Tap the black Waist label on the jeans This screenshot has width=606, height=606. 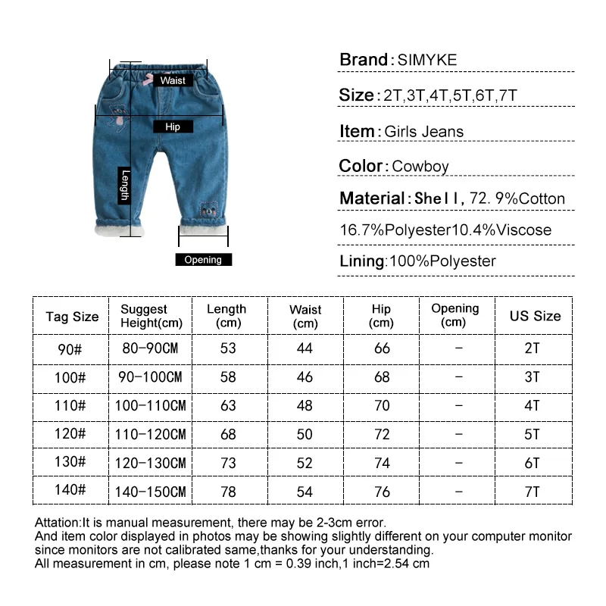[172, 80]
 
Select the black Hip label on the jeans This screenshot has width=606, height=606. [173, 127]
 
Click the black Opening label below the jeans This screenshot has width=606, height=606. [203, 260]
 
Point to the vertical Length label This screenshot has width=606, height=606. [126, 185]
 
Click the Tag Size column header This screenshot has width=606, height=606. [72, 317]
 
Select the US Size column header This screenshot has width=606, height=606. [535, 316]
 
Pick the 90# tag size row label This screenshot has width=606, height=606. [70, 348]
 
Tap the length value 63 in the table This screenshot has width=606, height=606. [228, 406]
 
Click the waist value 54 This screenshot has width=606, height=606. [305, 492]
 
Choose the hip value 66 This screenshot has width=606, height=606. [382, 348]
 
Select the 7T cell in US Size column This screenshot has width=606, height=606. [533, 492]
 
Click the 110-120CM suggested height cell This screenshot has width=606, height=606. [150, 435]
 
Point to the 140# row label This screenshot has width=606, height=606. [70, 490]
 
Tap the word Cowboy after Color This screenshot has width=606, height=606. [420, 167]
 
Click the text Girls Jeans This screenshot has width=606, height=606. [423, 132]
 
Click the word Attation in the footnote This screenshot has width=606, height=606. [58, 523]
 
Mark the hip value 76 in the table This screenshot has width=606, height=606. [382, 492]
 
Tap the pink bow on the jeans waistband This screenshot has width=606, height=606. [148, 78]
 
